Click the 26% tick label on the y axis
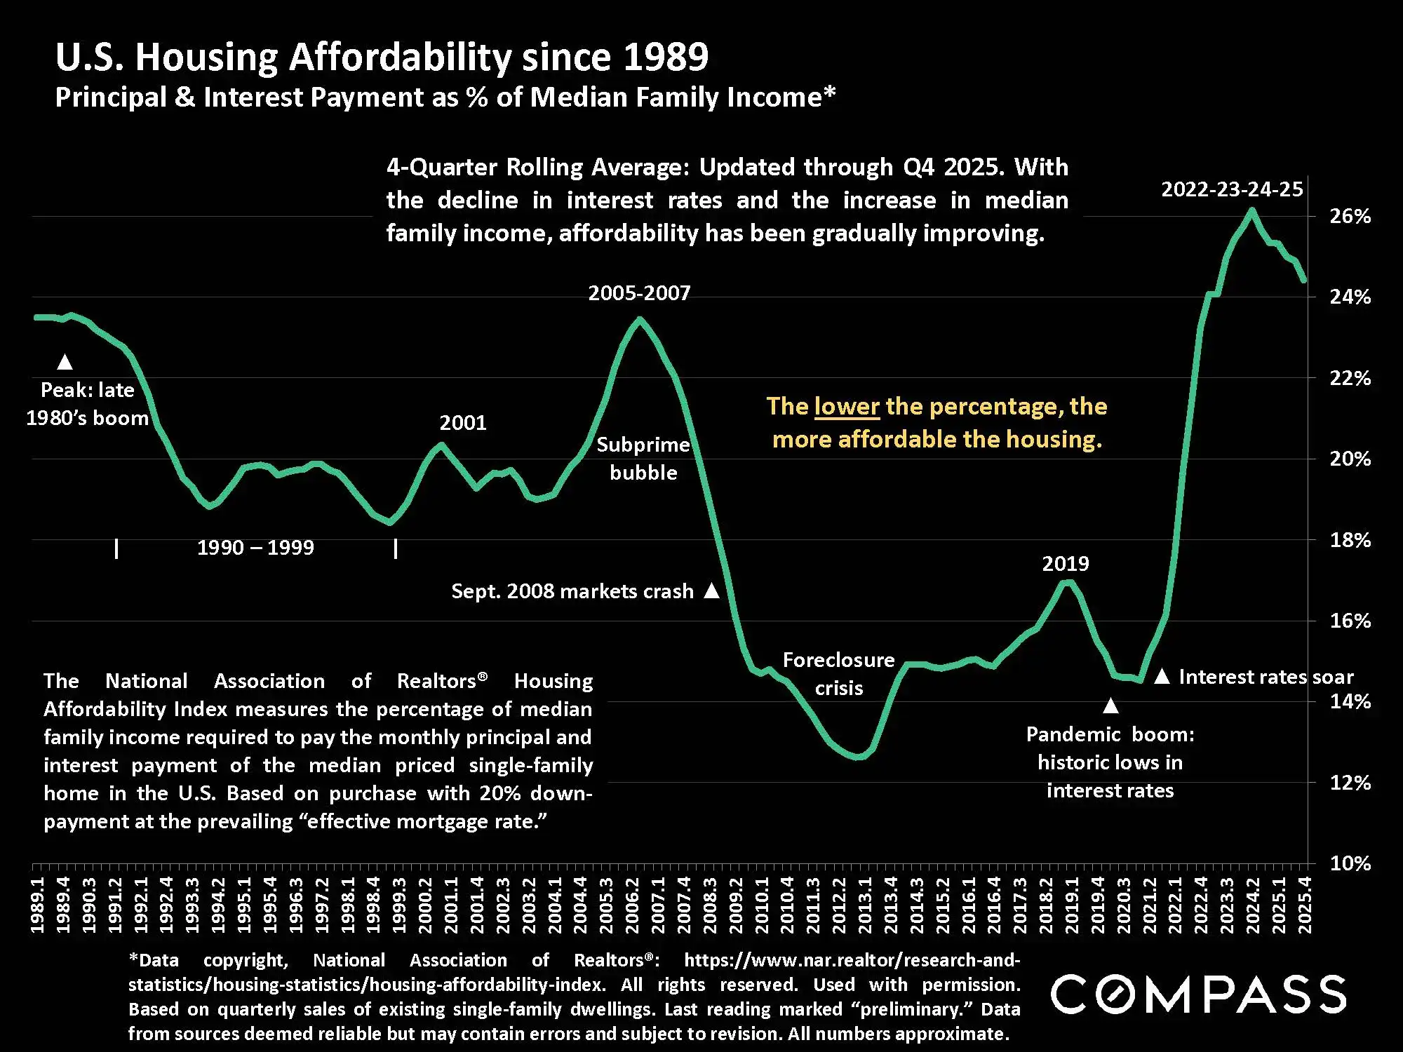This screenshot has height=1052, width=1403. point(1350,216)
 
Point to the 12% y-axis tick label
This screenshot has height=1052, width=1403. point(1350,783)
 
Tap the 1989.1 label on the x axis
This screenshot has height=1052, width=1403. point(38,905)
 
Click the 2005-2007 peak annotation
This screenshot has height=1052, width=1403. point(639,293)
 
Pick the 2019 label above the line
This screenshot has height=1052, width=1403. point(1065,564)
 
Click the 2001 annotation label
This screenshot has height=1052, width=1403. point(463,423)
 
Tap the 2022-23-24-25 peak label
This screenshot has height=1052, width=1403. point(1232,189)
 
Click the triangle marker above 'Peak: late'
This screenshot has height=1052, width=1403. point(65,362)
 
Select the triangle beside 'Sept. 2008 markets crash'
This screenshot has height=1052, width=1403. point(711,591)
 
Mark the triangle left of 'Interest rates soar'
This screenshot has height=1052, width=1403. point(1162,676)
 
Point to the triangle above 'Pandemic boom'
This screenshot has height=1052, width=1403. point(1110,705)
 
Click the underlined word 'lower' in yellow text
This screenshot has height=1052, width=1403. point(847,407)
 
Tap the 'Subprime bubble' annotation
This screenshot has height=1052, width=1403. point(643,459)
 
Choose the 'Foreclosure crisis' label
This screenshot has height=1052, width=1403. point(838,674)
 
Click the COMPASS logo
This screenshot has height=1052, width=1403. point(1198,994)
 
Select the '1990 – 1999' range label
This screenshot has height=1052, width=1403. point(255,548)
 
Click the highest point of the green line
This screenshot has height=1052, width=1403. point(1251,210)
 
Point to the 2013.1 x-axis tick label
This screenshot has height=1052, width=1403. point(866,905)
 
